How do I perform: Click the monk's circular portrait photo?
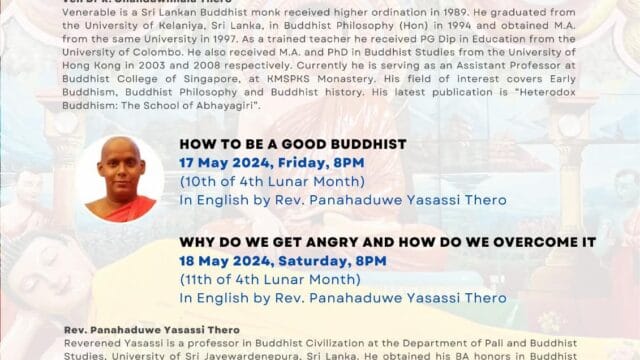tap(120, 178)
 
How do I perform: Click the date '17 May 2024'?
tap(222, 162)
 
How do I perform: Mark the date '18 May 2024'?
tap(223, 261)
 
